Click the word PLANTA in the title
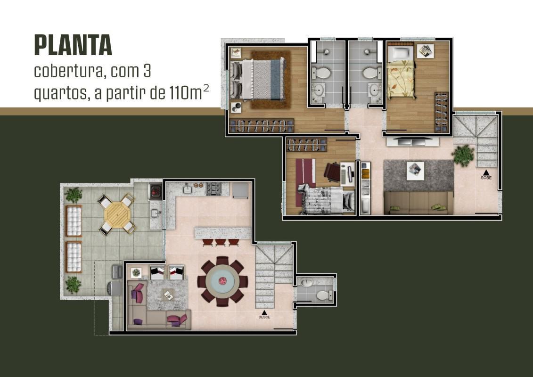pos(73,46)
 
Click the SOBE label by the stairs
pos(485,178)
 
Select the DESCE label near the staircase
pos(264,317)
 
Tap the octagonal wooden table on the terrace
pos(117,214)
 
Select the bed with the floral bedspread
pos(401,79)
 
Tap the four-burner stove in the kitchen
pos(213,189)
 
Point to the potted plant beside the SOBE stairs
pos(463,155)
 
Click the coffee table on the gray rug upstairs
pos(415,171)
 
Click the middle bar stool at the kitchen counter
pos(220,242)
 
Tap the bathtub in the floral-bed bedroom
pos(400,52)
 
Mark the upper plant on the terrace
pos(74,195)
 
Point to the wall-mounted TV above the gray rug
pos(412,141)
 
